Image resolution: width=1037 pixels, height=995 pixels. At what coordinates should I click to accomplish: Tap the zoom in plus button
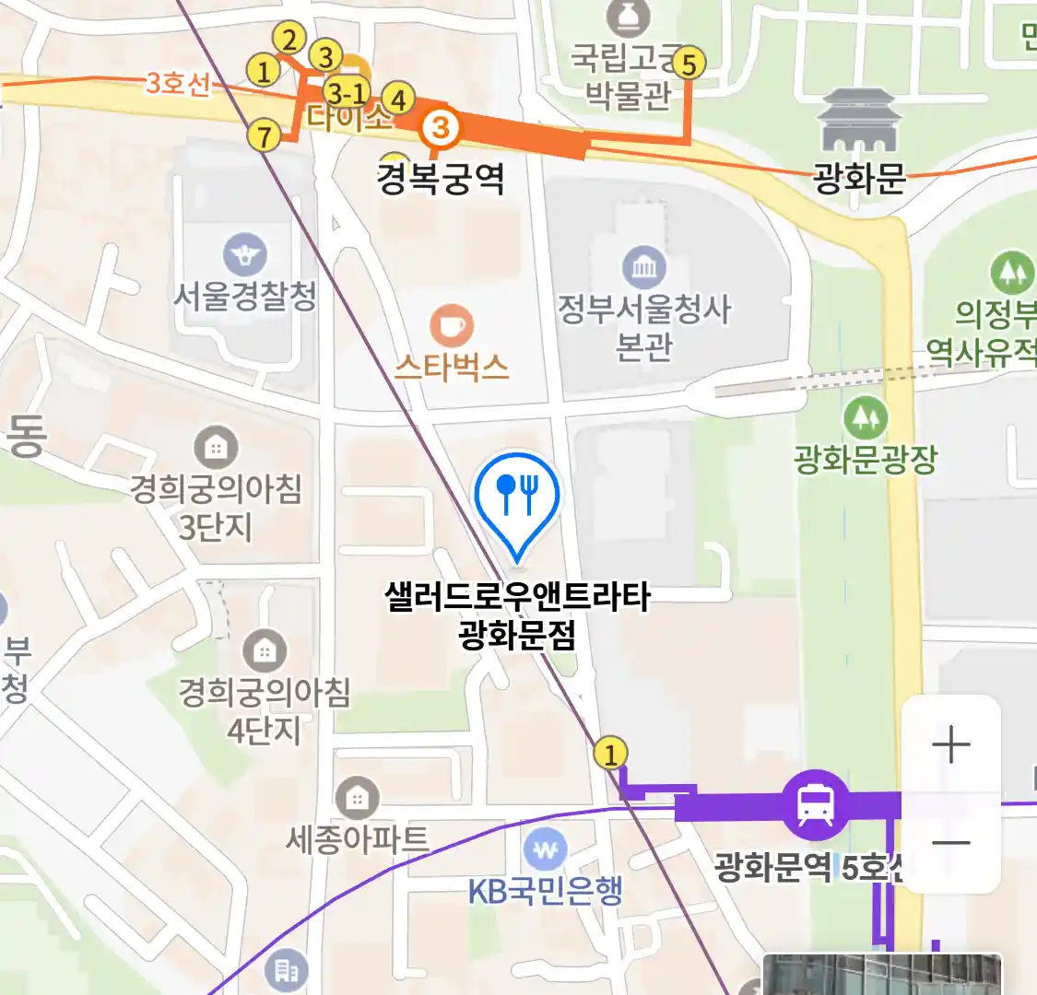pyautogui.click(x=950, y=744)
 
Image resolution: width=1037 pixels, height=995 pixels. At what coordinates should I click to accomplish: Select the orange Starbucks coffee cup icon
pyautogui.click(x=452, y=326)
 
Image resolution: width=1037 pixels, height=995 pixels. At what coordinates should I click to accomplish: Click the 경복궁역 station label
pyautogui.click(x=441, y=178)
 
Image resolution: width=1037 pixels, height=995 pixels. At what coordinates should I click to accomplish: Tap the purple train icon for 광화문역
pyautogui.click(x=816, y=804)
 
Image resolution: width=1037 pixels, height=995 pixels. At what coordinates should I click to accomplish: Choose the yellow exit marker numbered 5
pyautogui.click(x=688, y=64)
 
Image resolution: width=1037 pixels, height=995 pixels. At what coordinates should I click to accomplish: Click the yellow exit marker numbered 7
pyautogui.click(x=265, y=136)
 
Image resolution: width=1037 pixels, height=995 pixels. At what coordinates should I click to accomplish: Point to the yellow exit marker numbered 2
pyautogui.click(x=289, y=40)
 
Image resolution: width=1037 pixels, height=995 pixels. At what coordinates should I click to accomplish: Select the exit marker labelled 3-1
pyautogui.click(x=347, y=92)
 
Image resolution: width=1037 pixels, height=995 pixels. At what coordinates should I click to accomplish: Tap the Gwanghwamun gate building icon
pyautogui.click(x=858, y=121)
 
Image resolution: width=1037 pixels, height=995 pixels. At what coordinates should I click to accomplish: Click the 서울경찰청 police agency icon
pyautogui.click(x=244, y=255)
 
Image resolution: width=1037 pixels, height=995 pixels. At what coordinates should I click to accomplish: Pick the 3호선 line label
pyautogui.click(x=178, y=84)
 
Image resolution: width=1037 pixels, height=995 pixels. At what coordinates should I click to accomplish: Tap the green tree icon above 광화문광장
pyautogui.click(x=866, y=418)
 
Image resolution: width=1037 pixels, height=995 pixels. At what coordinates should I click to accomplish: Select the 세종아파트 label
pyautogui.click(x=358, y=839)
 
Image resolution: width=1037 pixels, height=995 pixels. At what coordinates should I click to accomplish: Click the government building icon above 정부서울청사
pyautogui.click(x=643, y=268)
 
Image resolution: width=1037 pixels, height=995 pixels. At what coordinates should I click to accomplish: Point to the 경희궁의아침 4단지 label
pyautogui.click(x=265, y=709)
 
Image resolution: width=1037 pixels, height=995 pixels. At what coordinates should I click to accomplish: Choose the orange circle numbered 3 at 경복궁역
pyautogui.click(x=441, y=127)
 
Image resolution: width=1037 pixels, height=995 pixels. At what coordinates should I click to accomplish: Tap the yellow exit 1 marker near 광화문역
pyautogui.click(x=610, y=754)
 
